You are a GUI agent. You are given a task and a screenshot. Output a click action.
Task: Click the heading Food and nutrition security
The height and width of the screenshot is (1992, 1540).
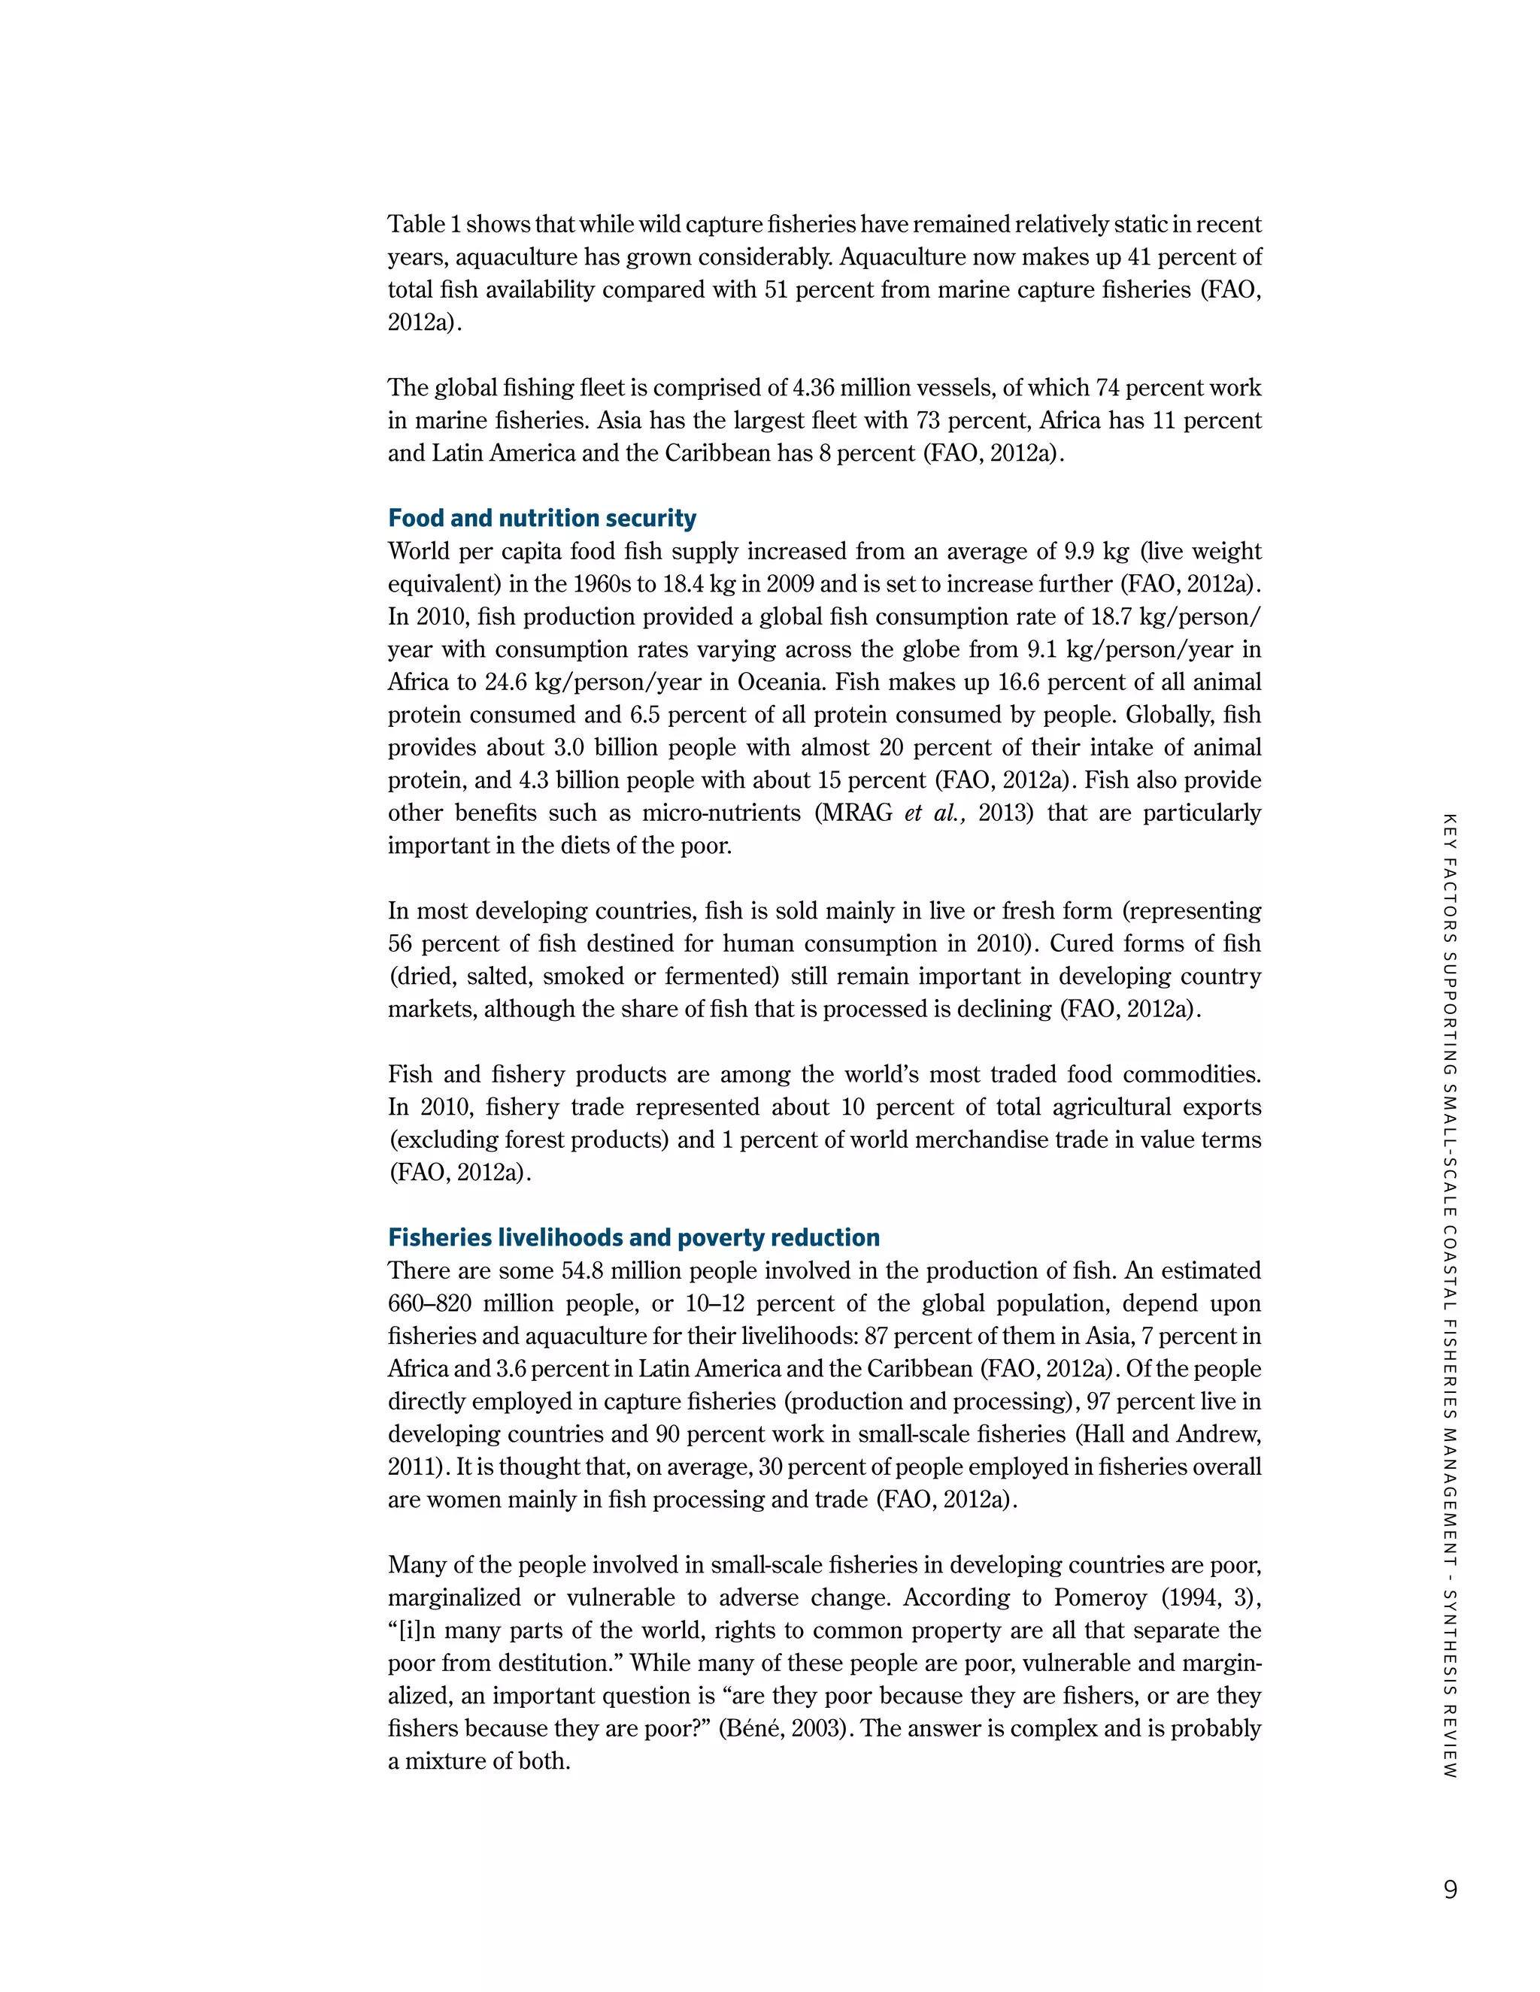click(542, 518)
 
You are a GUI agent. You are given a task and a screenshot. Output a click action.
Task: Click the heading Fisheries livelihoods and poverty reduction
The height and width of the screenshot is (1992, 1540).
click(633, 1238)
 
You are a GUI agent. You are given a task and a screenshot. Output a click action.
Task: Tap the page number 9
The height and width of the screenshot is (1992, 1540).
click(1450, 1889)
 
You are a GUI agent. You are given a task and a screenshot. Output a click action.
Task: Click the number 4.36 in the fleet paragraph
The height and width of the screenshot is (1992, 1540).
click(813, 388)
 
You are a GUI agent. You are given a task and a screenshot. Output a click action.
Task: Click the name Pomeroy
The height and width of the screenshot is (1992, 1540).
click(1100, 1598)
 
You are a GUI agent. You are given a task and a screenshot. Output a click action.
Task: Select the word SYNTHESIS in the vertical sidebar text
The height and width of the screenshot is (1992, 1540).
click(1450, 1648)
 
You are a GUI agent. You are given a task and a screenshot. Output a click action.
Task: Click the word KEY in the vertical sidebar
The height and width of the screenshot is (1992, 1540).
click(1450, 828)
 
